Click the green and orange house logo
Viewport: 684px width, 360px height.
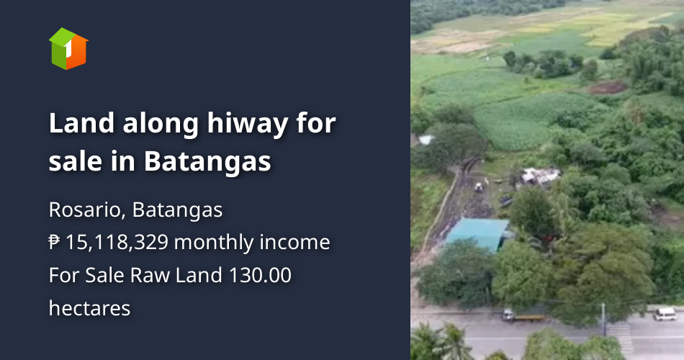tap(68, 48)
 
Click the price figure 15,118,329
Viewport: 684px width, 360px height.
tap(117, 243)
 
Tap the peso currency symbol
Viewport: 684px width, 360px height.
tap(55, 243)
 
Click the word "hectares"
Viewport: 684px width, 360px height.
tap(89, 308)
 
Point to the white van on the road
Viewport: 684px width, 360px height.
tap(665, 313)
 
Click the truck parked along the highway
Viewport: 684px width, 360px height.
tap(523, 315)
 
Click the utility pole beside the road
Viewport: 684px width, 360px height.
tap(603, 318)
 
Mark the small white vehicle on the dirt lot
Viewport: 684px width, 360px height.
tap(478, 187)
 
